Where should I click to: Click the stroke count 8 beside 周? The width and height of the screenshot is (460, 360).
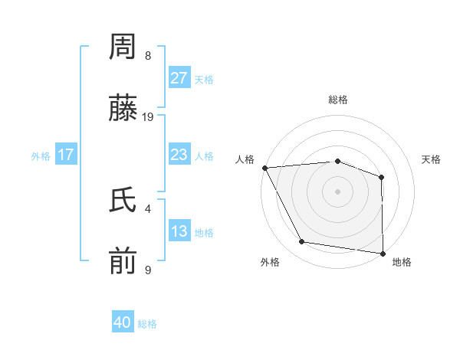(148, 56)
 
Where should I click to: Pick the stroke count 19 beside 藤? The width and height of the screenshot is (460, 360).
(148, 117)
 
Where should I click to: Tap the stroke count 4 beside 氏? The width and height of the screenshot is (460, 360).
(148, 208)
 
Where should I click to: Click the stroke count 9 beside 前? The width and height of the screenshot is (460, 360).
(148, 270)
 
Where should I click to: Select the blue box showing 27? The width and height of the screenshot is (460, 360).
(179, 78)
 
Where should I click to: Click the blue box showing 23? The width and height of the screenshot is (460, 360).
(179, 155)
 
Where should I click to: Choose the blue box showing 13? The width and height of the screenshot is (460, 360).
(179, 231)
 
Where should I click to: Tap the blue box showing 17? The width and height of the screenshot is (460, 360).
(66, 155)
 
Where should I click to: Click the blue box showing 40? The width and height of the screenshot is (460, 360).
(123, 322)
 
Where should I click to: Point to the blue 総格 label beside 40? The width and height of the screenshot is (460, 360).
(147, 324)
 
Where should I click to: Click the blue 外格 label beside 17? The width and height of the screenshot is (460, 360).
(41, 156)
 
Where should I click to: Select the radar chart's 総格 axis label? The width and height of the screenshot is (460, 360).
(337, 100)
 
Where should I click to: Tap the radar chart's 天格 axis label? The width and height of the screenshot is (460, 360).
(432, 159)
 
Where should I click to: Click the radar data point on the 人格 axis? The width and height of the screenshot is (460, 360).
(264, 168)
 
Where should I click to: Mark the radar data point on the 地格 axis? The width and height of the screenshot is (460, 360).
(383, 253)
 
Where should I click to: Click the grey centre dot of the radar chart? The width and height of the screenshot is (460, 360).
(337, 191)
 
